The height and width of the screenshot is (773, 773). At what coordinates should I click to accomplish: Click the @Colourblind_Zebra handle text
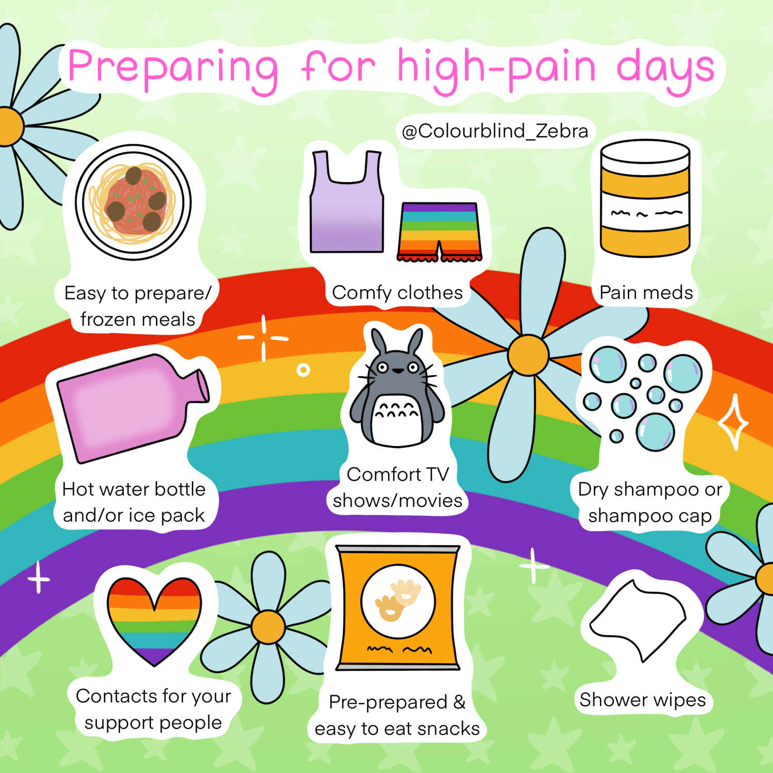pos(495,131)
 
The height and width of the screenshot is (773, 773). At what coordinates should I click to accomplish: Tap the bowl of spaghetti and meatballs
pos(133,202)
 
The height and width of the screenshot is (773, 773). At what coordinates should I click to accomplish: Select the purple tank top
pos(347,201)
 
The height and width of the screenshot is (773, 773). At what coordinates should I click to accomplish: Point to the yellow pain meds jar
pos(645,198)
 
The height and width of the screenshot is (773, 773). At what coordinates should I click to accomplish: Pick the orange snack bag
pos(397,608)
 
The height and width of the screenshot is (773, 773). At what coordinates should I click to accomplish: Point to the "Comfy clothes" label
pos(397,293)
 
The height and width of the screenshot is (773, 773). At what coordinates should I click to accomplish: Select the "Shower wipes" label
pos(643,700)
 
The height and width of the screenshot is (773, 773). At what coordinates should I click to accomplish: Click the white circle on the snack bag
pos(398,601)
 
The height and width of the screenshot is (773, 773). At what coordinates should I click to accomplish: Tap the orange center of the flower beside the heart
pos(268,627)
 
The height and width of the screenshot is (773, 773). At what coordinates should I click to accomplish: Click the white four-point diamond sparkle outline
pos(733,423)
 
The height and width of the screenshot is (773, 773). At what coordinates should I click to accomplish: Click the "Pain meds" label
pos(646,293)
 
